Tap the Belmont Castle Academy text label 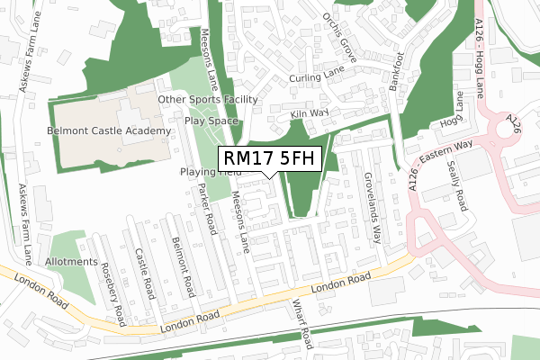point(109,131)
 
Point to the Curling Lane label point(317,79)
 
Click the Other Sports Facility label point(208,100)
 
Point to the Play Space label point(211,120)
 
